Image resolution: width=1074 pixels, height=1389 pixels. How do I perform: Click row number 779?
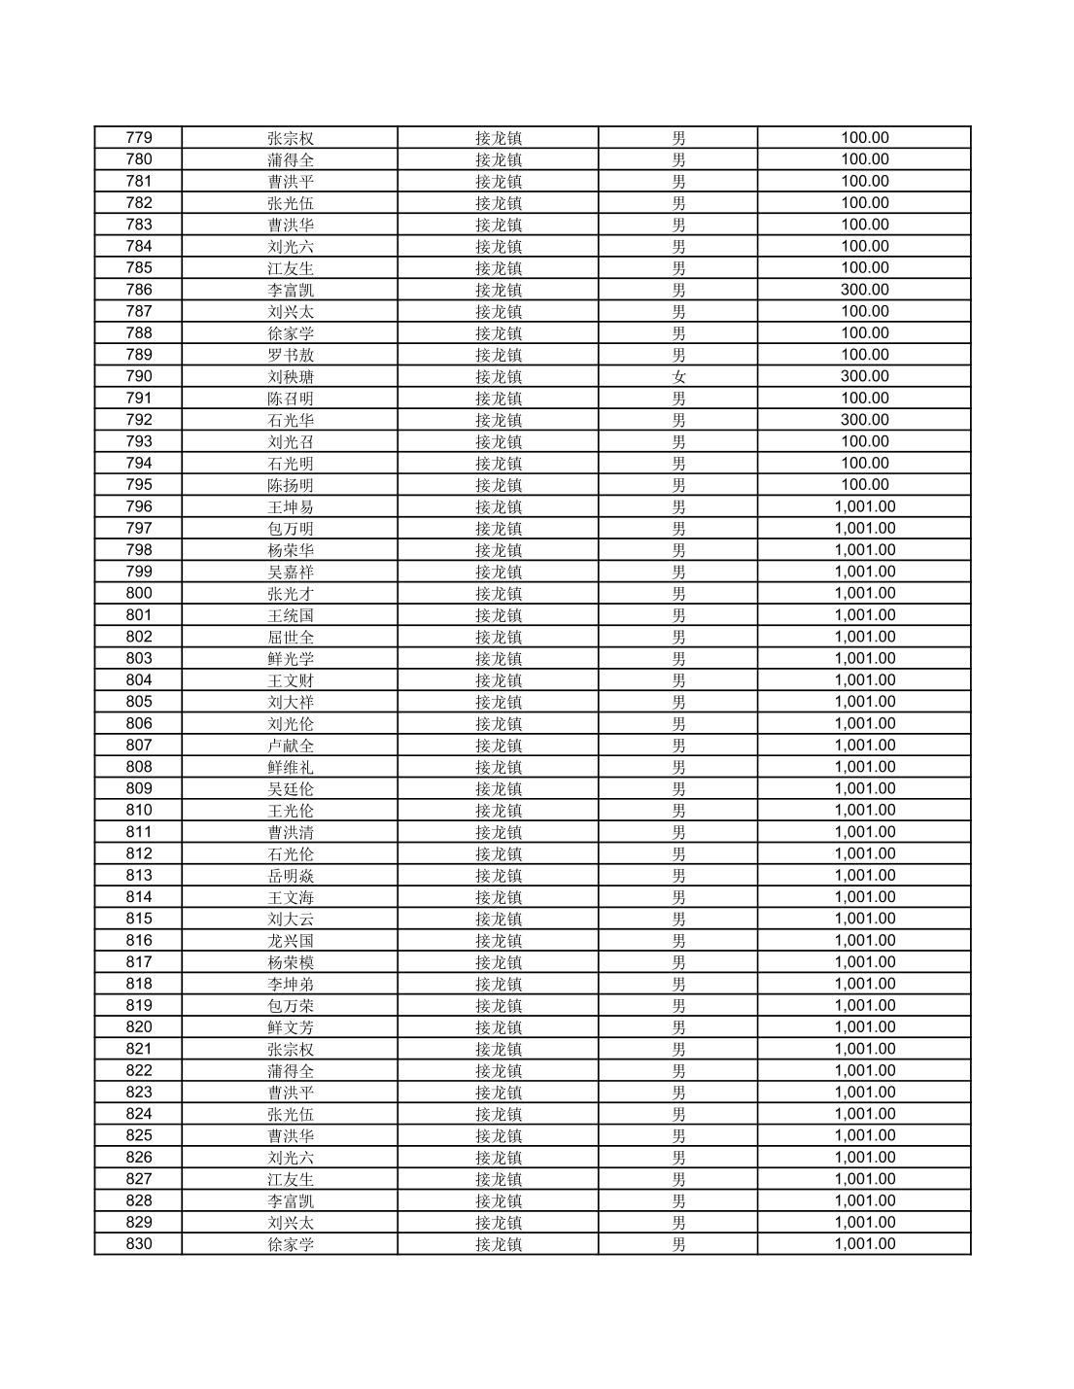(x=139, y=138)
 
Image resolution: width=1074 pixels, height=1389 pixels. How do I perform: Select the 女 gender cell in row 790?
(x=678, y=377)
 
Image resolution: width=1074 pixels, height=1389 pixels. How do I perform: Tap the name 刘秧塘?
(x=291, y=377)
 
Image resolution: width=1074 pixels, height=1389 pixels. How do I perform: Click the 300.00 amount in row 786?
(x=864, y=290)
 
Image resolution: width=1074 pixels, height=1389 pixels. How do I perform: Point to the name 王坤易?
(x=291, y=507)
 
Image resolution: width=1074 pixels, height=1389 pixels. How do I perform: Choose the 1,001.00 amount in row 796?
(x=864, y=506)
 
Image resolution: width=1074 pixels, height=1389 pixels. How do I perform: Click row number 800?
(x=139, y=594)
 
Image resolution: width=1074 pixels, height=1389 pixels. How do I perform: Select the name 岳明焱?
(x=291, y=876)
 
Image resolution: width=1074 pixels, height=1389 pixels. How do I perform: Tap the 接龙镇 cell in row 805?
(x=499, y=703)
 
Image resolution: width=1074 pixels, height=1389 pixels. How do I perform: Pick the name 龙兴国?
(x=291, y=941)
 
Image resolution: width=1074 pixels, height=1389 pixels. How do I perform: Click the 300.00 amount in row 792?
(x=864, y=420)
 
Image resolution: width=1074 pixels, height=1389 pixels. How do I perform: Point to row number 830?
(x=139, y=1244)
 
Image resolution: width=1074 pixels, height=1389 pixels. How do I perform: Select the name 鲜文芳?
(x=291, y=1027)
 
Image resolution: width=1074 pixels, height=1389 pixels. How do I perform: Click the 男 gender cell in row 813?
(x=678, y=876)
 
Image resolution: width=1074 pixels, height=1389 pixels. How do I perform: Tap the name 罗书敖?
(x=291, y=355)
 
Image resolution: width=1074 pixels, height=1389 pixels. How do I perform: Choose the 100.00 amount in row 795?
(x=864, y=485)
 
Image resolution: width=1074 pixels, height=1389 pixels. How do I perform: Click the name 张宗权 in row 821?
(x=291, y=1050)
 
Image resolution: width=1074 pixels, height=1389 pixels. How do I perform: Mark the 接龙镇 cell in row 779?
(x=499, y=138)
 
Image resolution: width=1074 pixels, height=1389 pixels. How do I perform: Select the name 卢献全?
(x=291, y=746)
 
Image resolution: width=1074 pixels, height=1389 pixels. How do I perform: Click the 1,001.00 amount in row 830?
(x=864, y=1244)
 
